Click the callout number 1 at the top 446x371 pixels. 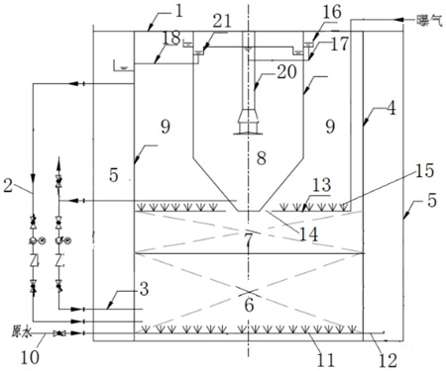pos(178,11)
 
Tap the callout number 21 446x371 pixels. pos(221,22)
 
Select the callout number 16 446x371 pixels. pos(332,12)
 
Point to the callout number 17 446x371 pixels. pos(339,44)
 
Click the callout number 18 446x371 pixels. pos(171,38)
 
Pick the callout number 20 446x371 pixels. pos(286,71)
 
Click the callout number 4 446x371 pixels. pos(391,109)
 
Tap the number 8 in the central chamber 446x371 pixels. pos(262,158)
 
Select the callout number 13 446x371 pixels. pos(321,185)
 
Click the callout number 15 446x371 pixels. pos(424,170)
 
